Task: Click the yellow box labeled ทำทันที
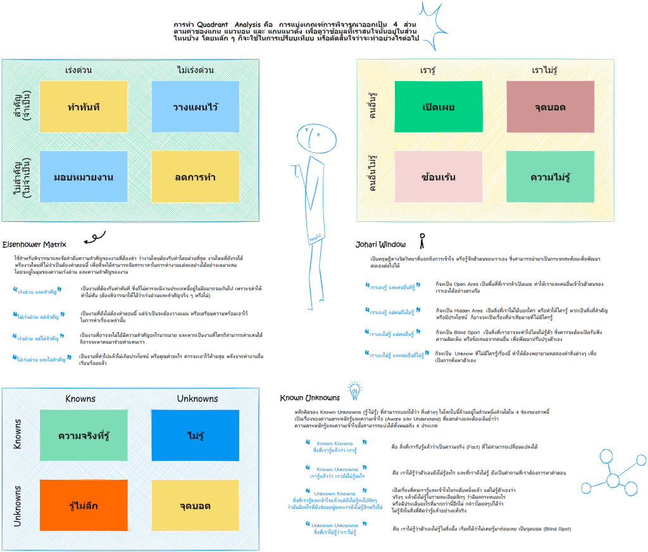83,106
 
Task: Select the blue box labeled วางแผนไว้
195,106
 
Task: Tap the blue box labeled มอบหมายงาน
83,176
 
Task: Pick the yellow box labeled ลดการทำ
195,176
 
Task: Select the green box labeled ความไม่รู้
550,176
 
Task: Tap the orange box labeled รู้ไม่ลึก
84,505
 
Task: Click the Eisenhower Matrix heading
35,243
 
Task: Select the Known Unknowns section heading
309,398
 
